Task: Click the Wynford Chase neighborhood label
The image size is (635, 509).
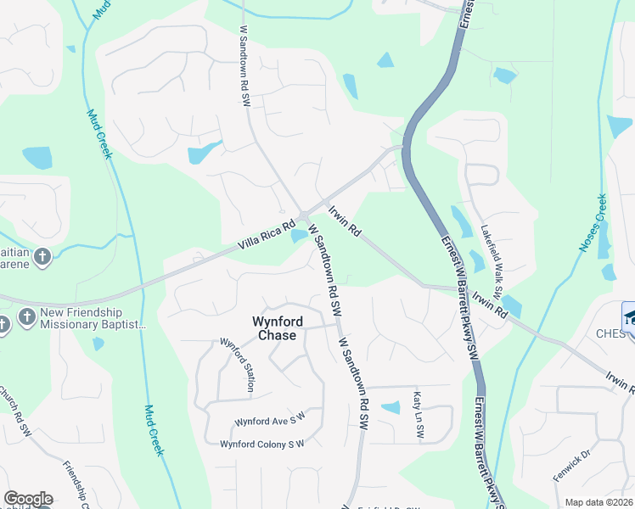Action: click(275, 327)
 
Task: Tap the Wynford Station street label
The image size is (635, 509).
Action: click(238, 365)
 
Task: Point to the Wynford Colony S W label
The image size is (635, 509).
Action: click(261, 444)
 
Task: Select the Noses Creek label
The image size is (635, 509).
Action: click(593, 222)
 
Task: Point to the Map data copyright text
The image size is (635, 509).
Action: click(599, 502)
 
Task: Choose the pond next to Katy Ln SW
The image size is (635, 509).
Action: click(391, 407)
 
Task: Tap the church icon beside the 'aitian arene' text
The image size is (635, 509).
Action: click(43, 256)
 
